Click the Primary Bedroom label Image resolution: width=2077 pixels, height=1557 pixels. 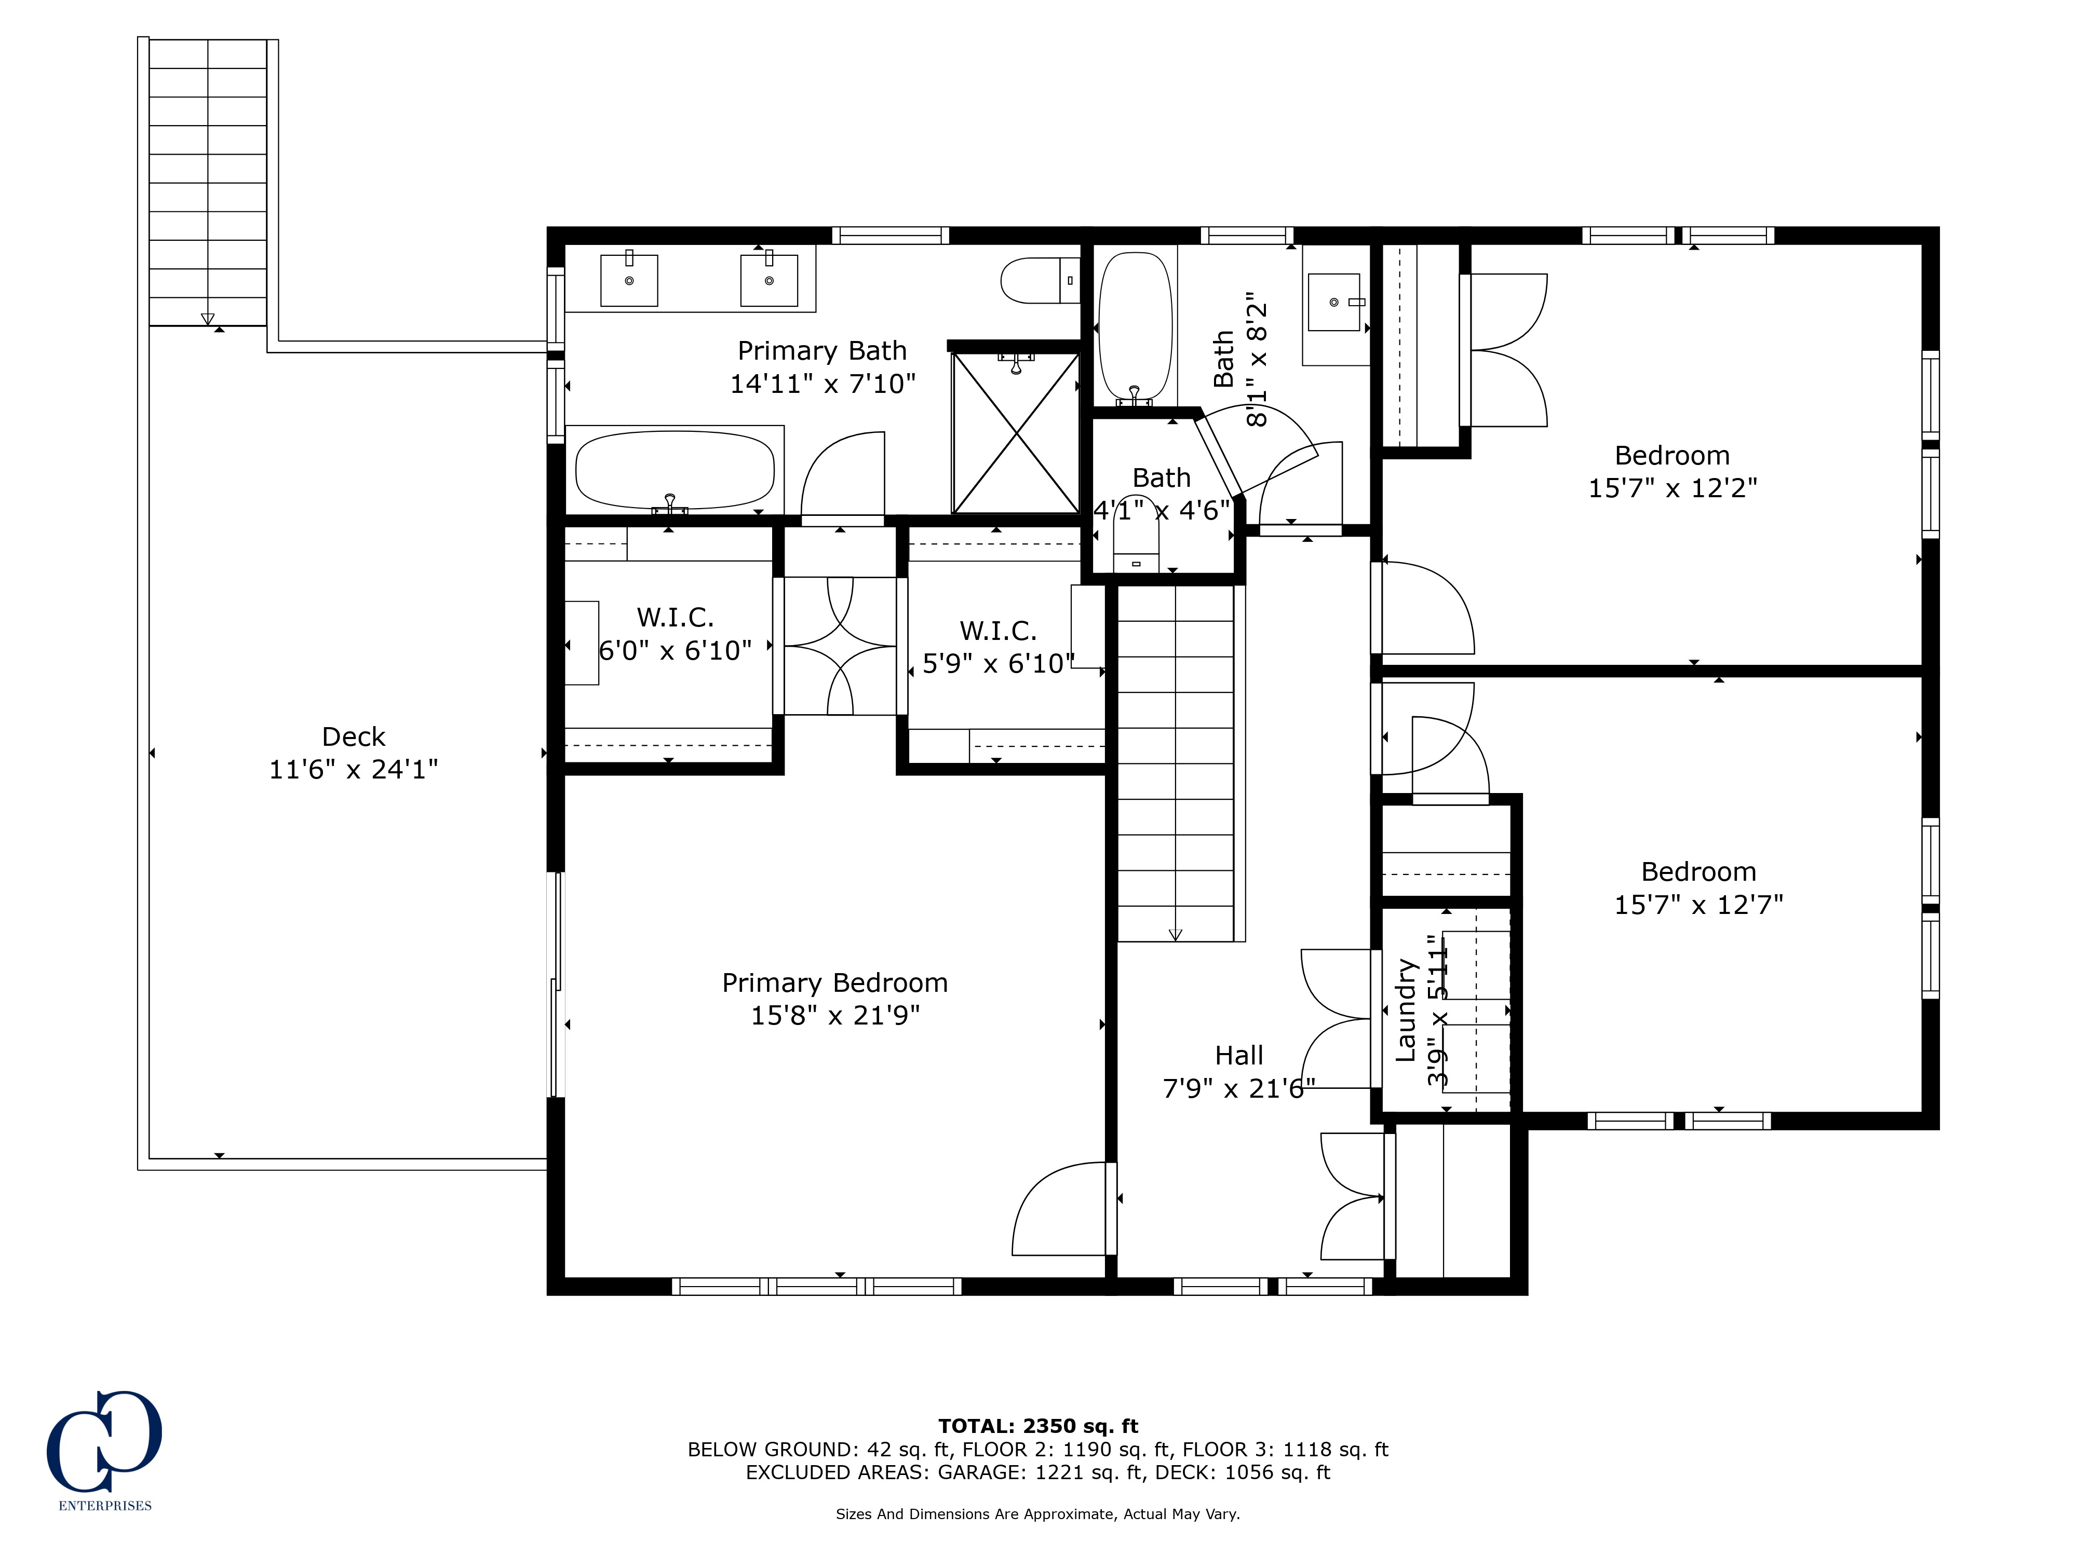coord(835,982)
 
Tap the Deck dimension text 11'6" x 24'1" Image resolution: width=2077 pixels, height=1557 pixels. coord(353,770)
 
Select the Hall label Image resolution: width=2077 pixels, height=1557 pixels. coord(1238,1056)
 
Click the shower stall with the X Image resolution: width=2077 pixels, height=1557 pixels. coord(1016,433)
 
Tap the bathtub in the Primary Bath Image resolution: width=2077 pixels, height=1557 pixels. coord(674,469)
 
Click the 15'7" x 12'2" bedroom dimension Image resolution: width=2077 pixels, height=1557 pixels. coord(1673,488)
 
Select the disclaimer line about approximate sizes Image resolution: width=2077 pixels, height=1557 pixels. coord(1037,1514)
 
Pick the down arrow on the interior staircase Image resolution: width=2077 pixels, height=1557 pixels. coord(1175,935)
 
